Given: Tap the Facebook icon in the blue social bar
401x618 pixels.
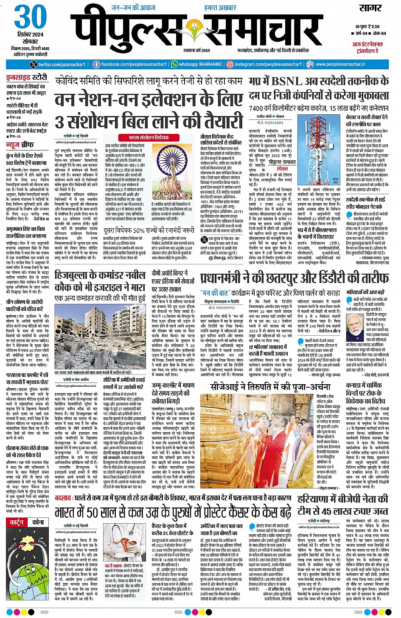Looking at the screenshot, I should click(96, 65).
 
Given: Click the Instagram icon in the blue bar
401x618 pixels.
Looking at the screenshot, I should click(230, 65).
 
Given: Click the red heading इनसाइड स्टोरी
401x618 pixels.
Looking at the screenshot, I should click(26, 77).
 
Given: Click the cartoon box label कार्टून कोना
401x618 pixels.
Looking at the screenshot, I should click(26, 522).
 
